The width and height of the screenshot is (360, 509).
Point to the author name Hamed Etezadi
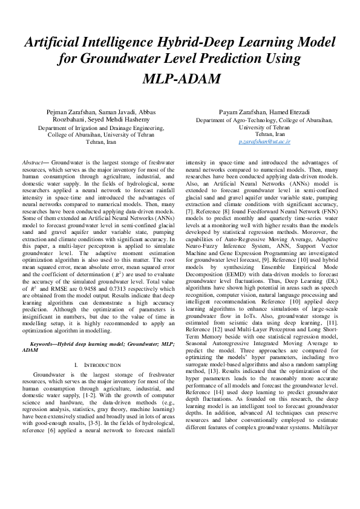coord(293,112)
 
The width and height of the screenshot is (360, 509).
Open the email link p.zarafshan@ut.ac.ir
coord(264,141)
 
